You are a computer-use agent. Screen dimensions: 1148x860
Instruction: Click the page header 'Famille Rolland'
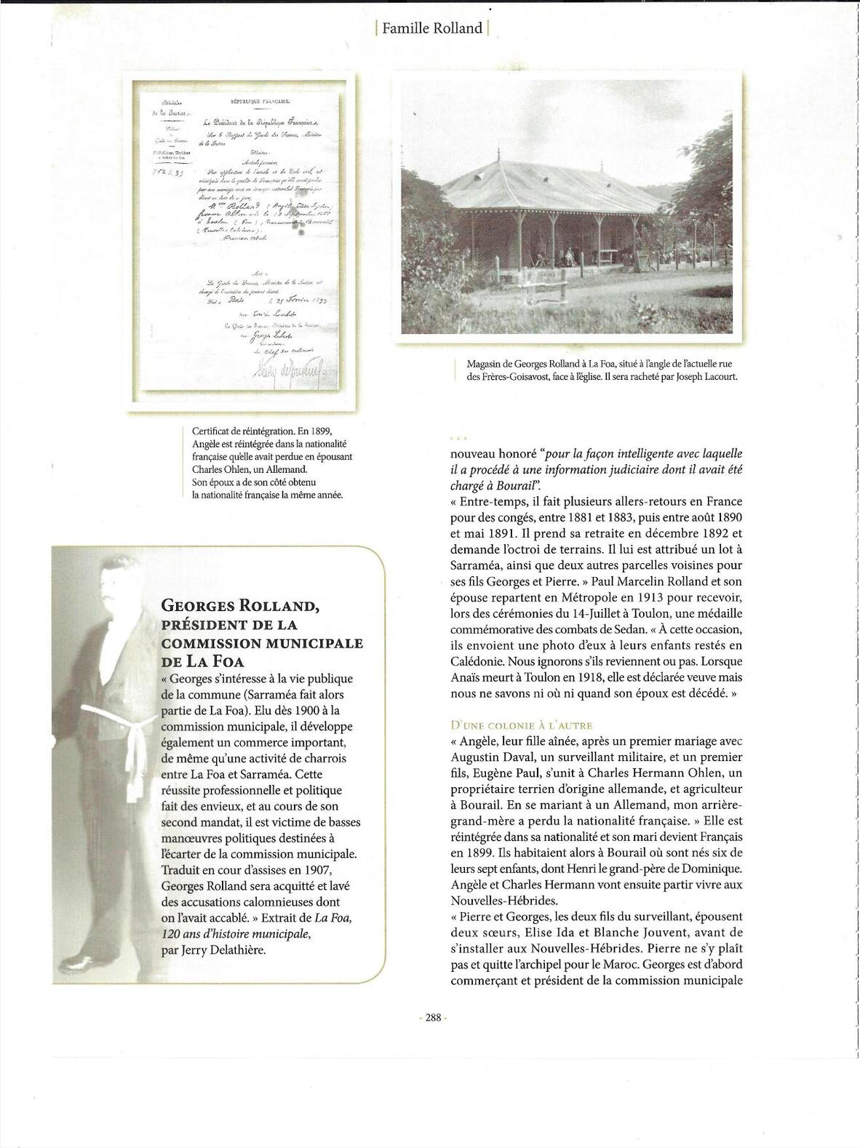point(432,28)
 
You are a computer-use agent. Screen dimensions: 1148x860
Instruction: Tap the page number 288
point(434,1018)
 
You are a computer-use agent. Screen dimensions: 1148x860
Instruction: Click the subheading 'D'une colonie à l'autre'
point(522,725)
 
